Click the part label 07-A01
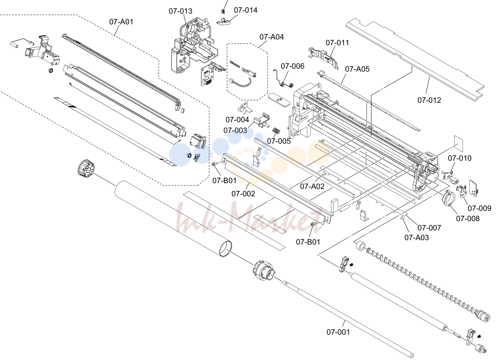[x=121, y=22]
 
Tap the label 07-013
[x=181, y=11]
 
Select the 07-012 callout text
[x=429, y=100]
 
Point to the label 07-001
[x=338, y=332]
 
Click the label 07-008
[x=468, y=218]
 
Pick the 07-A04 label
[x=272, y=37]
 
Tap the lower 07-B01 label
[x=308, y=242]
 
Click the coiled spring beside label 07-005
[x=277, y=131]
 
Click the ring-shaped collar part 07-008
[x=448, y=197]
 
